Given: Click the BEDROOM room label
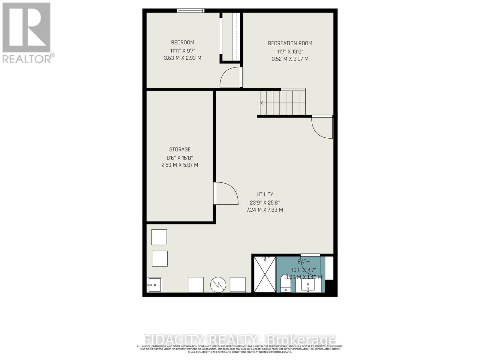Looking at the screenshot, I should pos(182,42).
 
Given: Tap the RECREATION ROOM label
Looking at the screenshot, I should pos(290,43).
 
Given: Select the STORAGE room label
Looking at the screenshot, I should pos(180,149).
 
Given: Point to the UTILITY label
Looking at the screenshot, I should pos(265,194).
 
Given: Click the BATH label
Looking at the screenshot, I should pos(304,262).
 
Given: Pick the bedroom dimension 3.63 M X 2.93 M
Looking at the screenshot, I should pos(182,58).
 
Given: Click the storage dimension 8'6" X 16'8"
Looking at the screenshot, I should pos(180,157).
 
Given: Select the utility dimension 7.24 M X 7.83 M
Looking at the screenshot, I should pos(265,210).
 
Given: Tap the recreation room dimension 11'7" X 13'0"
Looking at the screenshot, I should pos(290,51).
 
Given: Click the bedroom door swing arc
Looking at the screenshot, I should pos(230,77).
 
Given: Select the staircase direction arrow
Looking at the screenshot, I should pos(262,103).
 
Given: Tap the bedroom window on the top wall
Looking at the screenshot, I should pos(190,10).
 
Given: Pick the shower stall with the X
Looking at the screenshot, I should pos(265,274).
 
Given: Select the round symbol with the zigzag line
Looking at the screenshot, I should pos(218,285).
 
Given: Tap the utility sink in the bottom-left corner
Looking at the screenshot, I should pos(154,284).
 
